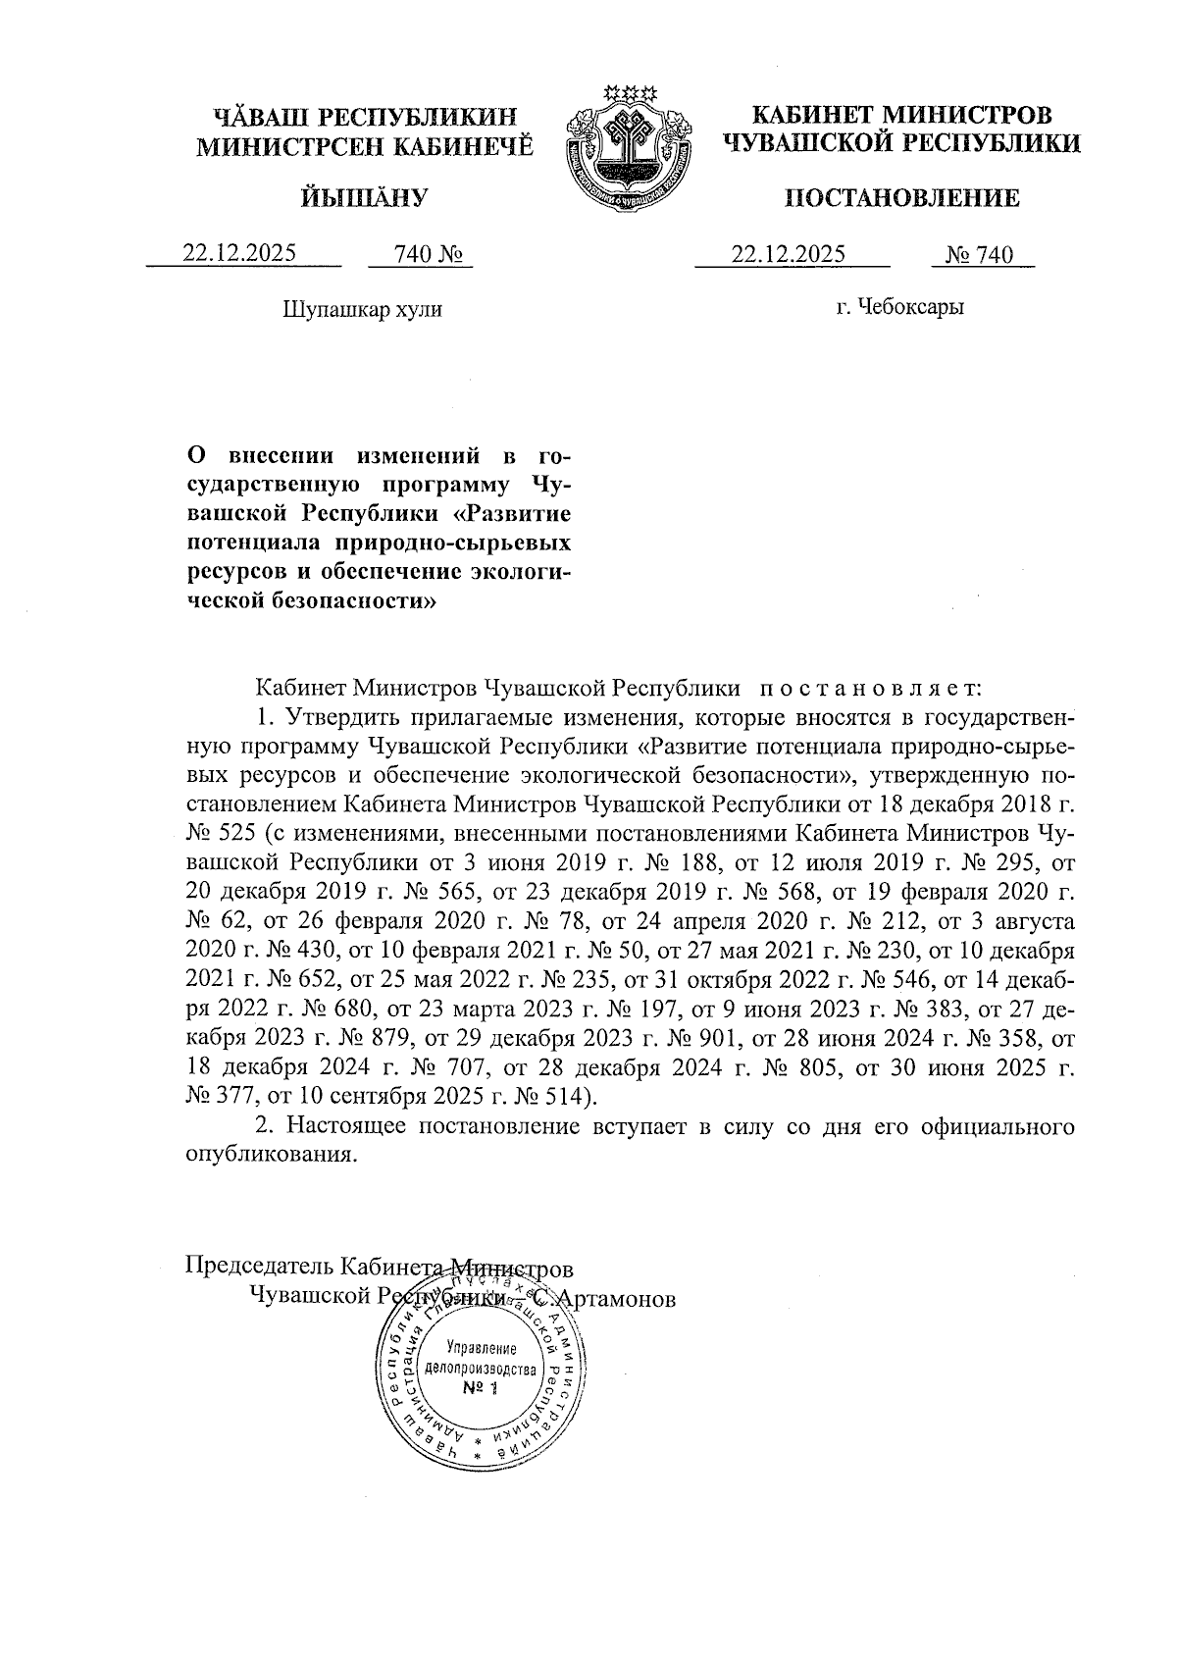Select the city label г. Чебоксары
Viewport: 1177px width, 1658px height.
click(899, 308)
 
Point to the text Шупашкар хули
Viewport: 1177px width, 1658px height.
click(362, 310)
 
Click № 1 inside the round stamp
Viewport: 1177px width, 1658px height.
click(480, 1388)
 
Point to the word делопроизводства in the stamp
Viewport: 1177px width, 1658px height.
click(480, 1369)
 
